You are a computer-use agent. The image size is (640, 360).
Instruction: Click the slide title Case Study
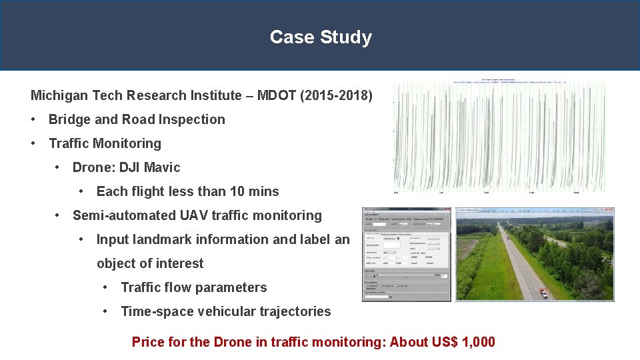point(321,37)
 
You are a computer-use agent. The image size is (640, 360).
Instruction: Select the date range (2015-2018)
point(337,95)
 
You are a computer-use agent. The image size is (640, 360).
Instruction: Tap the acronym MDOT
point(273,95)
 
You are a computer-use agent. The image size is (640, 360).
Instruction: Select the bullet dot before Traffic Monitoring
point(34,143)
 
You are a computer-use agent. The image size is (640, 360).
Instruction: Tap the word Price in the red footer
point(149,342)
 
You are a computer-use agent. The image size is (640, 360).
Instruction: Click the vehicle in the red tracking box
point(544,292)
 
